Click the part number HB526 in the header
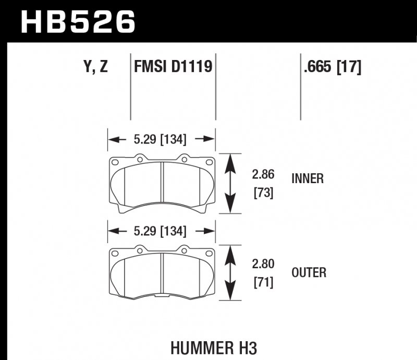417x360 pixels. point(78,21)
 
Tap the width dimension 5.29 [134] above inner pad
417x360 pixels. point(161,139)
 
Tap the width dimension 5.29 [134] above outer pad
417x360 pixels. point(161,231)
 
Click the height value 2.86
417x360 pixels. point(264,175)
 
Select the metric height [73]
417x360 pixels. point(264,193)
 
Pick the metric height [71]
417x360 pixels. point(264,283)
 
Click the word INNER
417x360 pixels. point(308,179)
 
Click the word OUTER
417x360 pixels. point(309,272)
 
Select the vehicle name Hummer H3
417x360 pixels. point(214,346)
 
